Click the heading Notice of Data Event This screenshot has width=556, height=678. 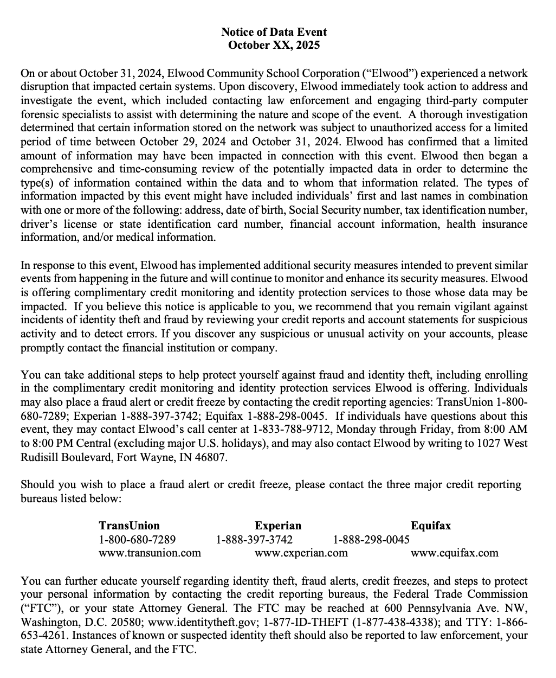click(274, 32)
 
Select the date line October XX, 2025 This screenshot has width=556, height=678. click(274, 45)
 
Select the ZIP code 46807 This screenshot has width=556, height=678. click(211, 457)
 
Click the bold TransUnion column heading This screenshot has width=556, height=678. click(130, 526)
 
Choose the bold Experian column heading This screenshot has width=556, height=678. click(278, 526)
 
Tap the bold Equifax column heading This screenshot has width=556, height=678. click(431, 526)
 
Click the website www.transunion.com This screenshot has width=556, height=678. click(150, 553)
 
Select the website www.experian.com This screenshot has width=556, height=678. click(301, 553)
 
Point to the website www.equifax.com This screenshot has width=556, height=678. click(455, 553)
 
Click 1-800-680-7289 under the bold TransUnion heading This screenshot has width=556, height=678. click(137, 540)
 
